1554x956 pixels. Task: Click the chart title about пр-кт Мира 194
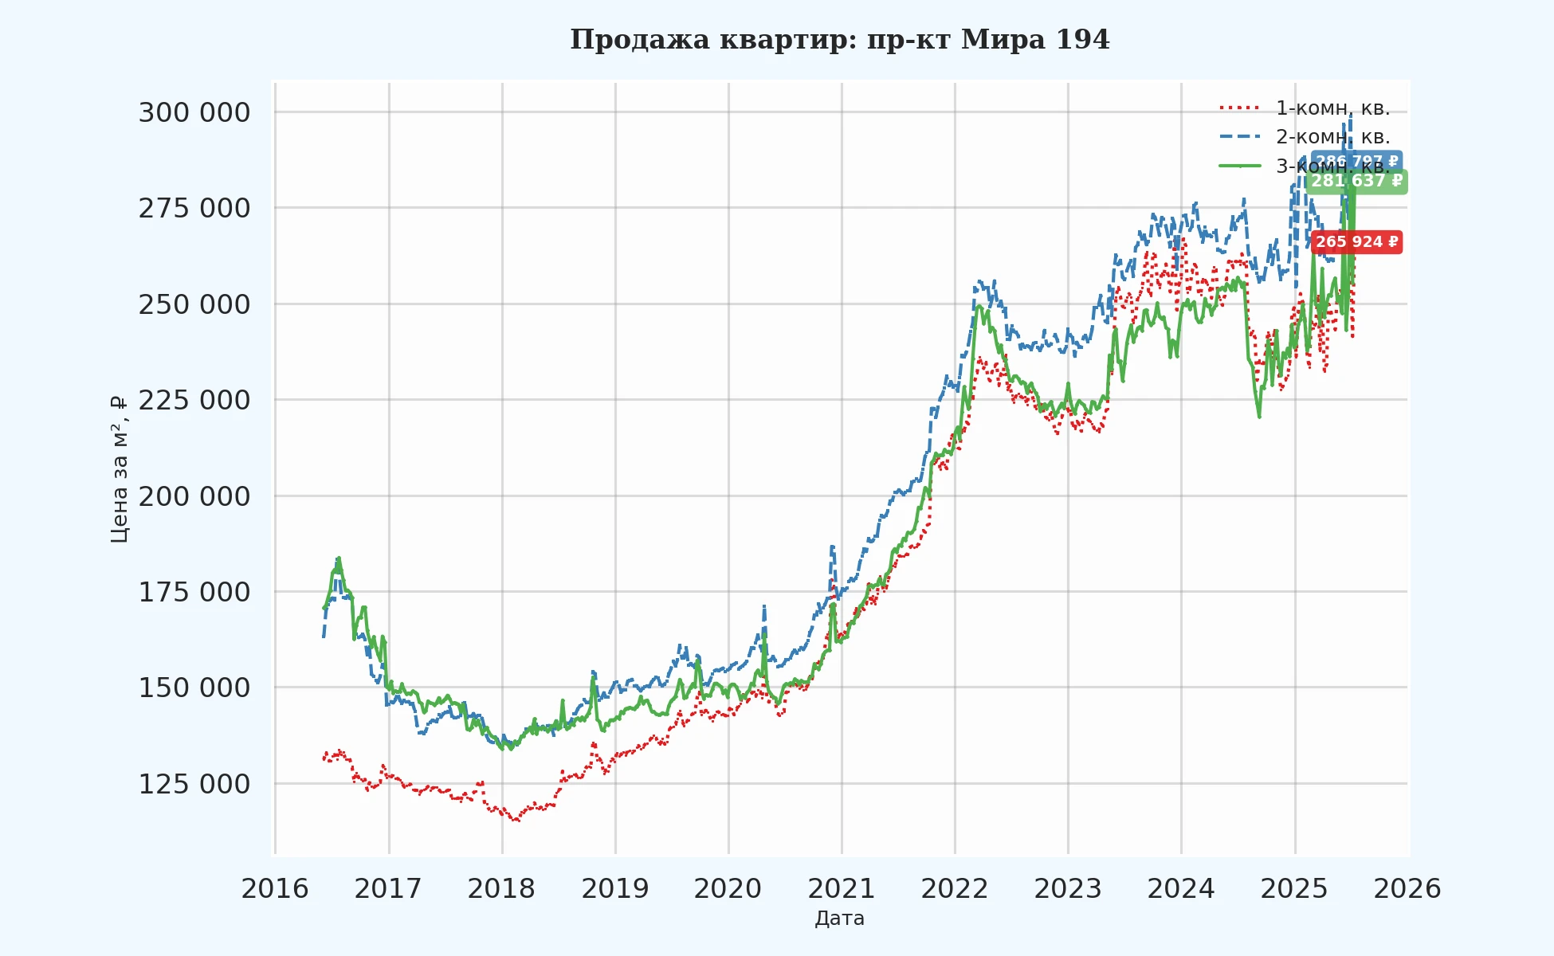(839, 40)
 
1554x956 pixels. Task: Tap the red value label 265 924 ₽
(1356, 242)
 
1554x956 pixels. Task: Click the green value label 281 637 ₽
(1356, 182)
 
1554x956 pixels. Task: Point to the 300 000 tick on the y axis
(194, 113)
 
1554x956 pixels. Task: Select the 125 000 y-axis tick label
(194, 784)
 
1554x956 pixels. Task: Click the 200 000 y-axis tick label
(194, 496)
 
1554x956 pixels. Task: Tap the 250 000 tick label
(194, 304)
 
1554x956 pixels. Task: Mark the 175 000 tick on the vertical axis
(194, 592)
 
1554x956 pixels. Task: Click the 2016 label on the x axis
(275, 888)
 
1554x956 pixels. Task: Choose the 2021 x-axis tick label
(842, 888)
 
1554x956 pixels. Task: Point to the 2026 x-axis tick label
(1407, 888)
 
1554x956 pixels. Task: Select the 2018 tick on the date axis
(501, 888)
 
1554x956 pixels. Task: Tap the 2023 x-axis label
(1068, 888)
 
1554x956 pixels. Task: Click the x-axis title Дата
(839, 919)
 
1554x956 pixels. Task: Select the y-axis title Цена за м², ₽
(120, 470)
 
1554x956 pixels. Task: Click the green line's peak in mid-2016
(339, 558)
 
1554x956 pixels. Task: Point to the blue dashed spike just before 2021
(832, 547)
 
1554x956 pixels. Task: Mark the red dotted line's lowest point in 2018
(516, 820)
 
